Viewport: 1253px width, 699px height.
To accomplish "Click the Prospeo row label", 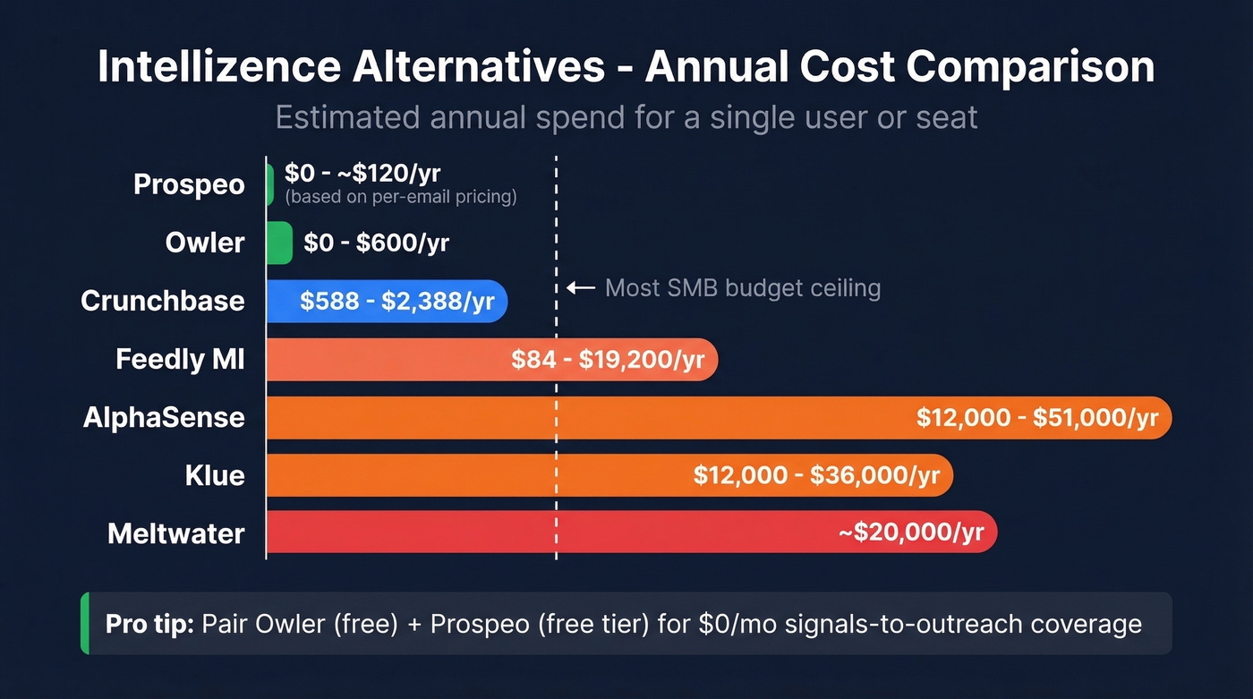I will [189, 184].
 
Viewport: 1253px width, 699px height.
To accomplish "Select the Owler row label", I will [205, 243].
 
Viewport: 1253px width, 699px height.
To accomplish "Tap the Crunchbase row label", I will [162, 301].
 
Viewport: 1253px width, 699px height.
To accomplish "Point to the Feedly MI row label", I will [180, 359].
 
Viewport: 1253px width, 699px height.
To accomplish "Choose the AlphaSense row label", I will [164, 417].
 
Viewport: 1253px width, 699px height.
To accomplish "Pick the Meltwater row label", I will [176, 533].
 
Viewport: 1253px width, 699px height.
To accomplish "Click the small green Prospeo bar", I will [270, 184].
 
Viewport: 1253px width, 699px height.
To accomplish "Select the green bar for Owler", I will [279, 243].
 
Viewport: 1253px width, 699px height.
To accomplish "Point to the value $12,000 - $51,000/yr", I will [1036, 418].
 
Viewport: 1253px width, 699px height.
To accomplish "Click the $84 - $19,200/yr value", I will [608, 360].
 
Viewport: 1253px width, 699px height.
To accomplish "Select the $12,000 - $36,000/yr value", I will [816, 475].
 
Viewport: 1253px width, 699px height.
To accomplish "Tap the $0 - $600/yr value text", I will [376, 243].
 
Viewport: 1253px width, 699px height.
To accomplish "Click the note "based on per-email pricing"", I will [400, 197].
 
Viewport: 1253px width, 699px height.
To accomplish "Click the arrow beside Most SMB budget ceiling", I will [581, 288].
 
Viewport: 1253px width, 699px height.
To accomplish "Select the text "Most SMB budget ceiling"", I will [743, 288].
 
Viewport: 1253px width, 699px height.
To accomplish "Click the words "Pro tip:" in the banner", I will [149, 623].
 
